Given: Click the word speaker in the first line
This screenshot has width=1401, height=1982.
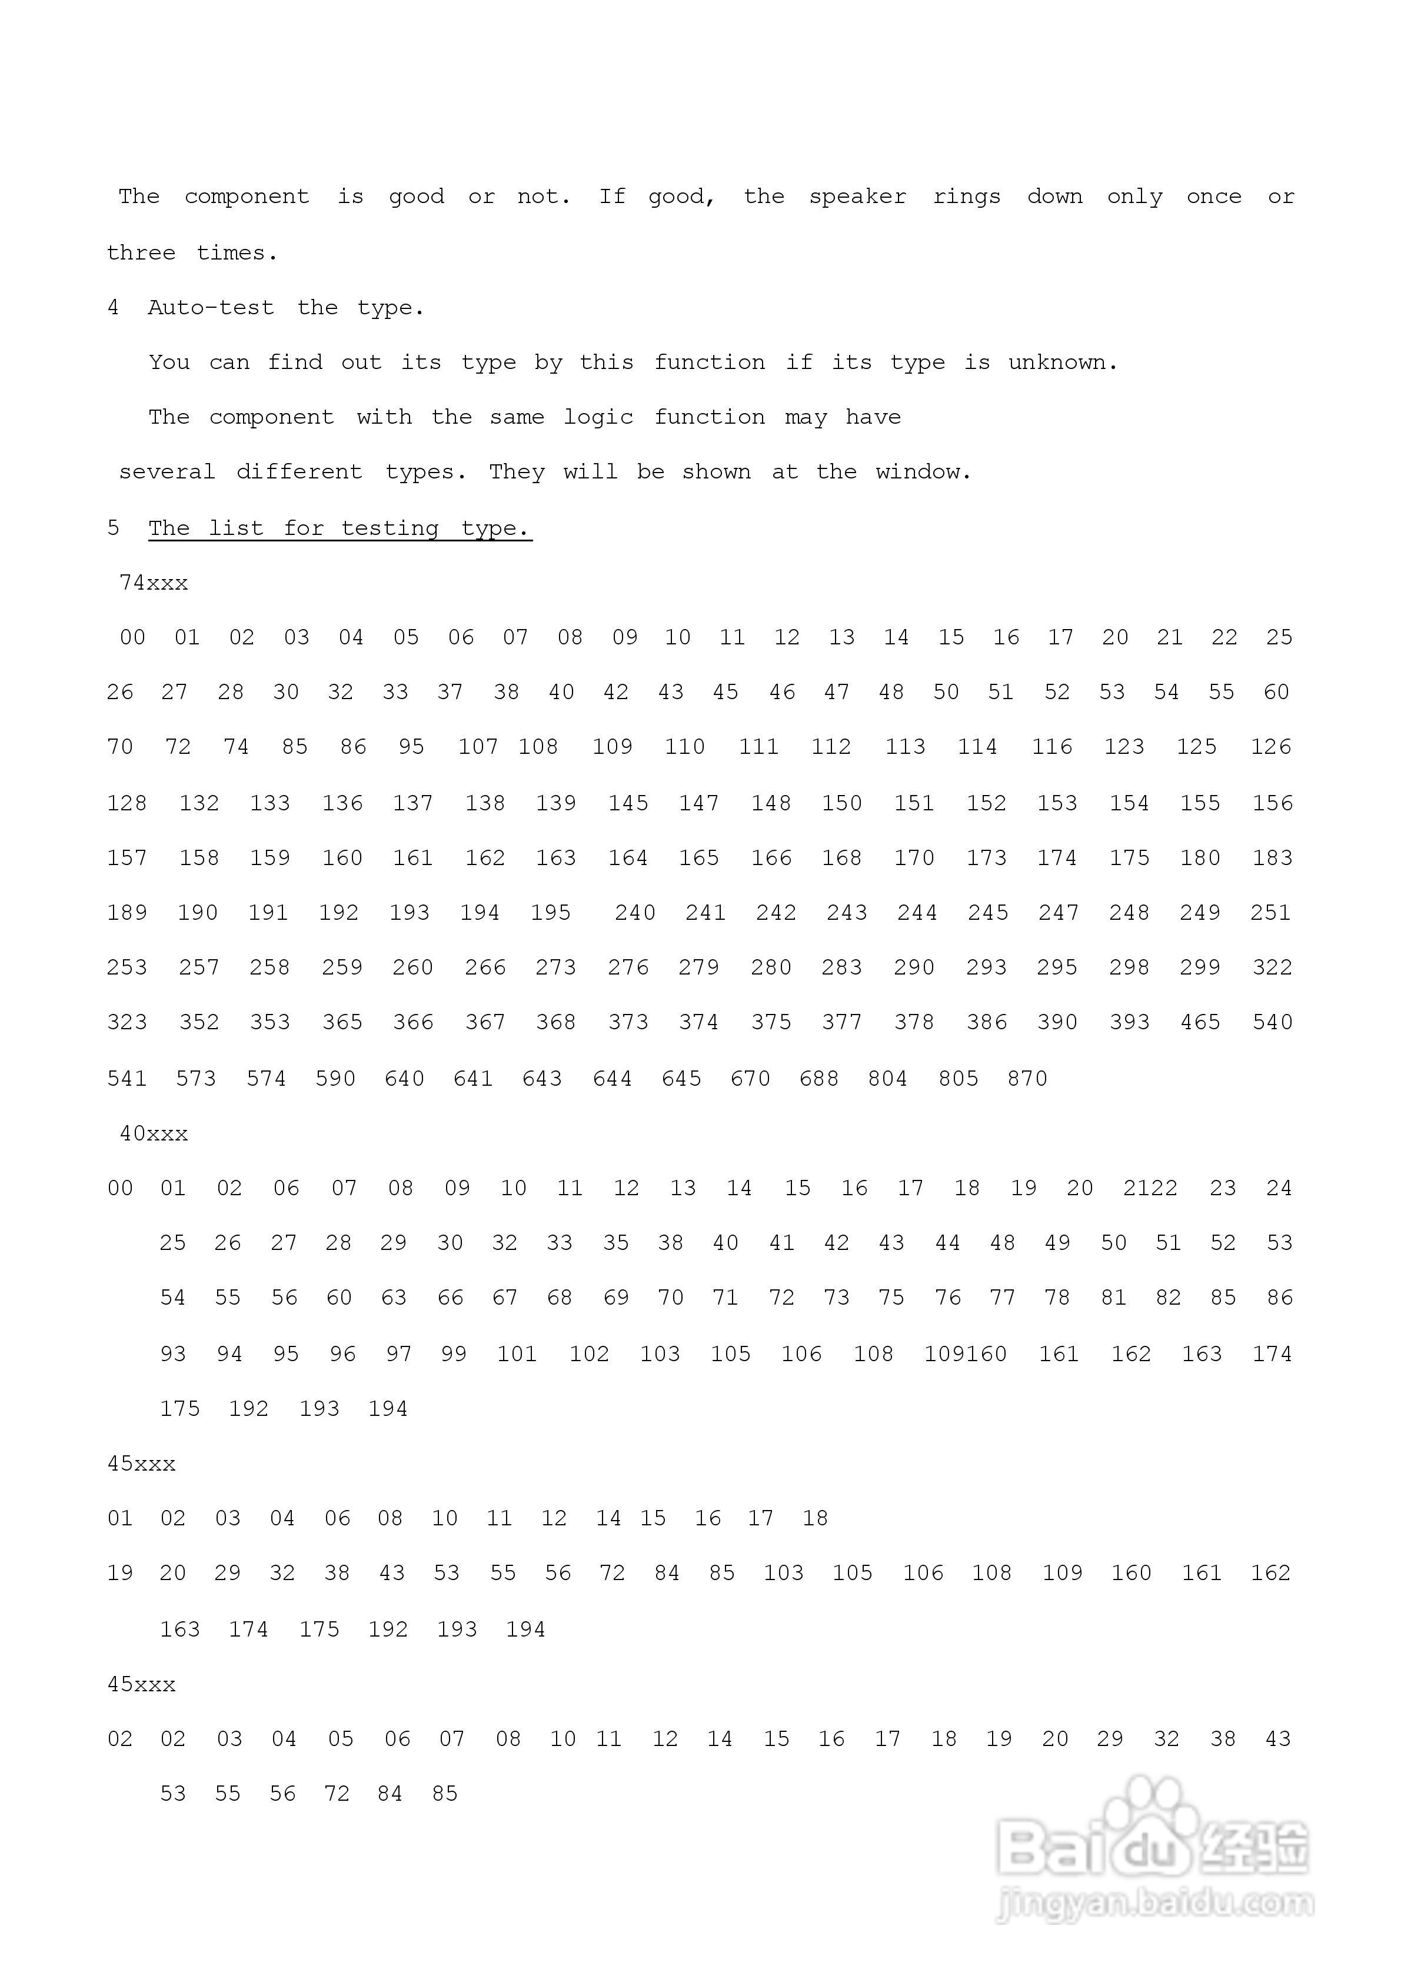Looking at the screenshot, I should pyautogui.click(x=857, y=197).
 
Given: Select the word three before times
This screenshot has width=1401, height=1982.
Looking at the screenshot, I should pyautogui.click(x=141, y=253).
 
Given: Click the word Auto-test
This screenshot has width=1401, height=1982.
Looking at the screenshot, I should pyautogui.click(x=211, y=307).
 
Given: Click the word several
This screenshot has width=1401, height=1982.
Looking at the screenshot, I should pyautogui.click(x=167, y=472).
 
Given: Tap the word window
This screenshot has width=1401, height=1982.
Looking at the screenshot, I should pyautogui.click(x=923, y=472).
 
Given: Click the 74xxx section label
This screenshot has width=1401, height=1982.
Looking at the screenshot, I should pyautogui.click(x=154, y=583).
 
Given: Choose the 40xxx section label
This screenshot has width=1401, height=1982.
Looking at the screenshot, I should pyautogui.click(x=154, y=1133).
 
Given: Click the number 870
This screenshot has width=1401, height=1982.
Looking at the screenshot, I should pyautogui.click(x=1027, y=1078).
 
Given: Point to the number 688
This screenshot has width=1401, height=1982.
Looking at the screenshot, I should pyautogui.click(x=818, y=1078).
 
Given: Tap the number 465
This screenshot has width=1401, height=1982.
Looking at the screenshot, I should pyautogui.click(x=1200, y=1022).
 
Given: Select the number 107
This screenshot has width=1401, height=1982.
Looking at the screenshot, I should pyautogui.click(x=477, y=747).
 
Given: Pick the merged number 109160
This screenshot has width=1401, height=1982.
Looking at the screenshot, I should pyautogui.click(x=965, y=1354).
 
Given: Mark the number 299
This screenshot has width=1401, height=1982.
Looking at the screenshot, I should pyautogui.click(x=1200, y=967).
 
